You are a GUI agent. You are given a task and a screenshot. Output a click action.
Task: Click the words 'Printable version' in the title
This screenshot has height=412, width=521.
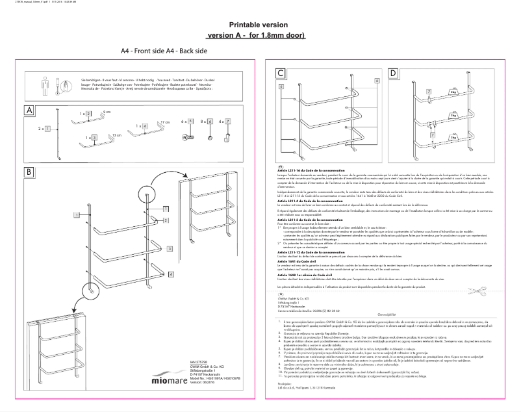pos(254,25)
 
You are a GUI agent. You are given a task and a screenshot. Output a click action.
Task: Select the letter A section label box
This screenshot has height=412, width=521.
pos(29,110)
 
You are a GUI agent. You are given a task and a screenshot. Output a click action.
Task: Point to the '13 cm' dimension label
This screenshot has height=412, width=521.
pos(117,135)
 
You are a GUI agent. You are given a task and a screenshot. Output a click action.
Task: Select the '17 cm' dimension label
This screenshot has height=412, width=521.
pos(164,122)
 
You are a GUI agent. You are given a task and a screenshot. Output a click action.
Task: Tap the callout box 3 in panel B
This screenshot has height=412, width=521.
pos(169,248)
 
